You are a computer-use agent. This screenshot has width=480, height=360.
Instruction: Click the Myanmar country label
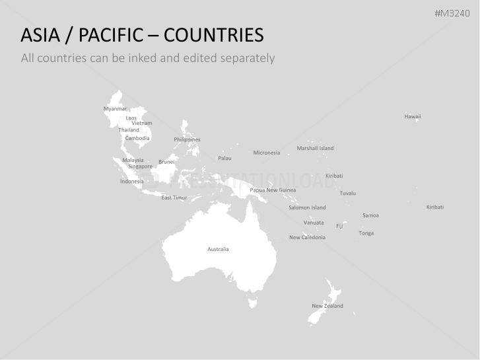click(x=115, y=108)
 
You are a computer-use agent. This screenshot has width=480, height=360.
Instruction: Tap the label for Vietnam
click(x=141, y=123)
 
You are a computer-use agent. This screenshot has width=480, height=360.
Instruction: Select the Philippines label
click(x=187, y=139)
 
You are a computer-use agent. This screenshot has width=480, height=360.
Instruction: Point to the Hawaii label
click(x=413, y=116)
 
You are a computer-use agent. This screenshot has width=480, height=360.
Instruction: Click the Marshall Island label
click(x=315, y=148)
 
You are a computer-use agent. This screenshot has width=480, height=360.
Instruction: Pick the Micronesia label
click(x=267, y=153)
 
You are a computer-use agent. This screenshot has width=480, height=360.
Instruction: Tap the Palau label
click(x=224, y=158)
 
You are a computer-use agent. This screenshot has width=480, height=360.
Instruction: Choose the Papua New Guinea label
click(x=273, y=190)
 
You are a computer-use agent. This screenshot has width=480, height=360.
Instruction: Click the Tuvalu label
click(x=347, y=193)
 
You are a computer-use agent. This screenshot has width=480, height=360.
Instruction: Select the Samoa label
click(x=370, y=215)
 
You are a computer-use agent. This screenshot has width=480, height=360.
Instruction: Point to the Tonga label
click(x=366, y=233)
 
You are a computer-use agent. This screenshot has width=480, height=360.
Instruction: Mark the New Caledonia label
click(x=307, y=237)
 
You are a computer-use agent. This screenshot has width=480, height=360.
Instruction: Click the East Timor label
click(x=174, y=198)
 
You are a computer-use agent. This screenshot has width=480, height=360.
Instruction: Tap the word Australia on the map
click(x=218, y=249)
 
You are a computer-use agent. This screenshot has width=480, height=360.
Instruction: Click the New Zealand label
click(x=327, y=306)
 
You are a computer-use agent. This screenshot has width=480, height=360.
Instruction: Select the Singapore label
click(x=140, y=166)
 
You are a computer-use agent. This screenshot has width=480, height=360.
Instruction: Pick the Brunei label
click(x=166, y=162)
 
